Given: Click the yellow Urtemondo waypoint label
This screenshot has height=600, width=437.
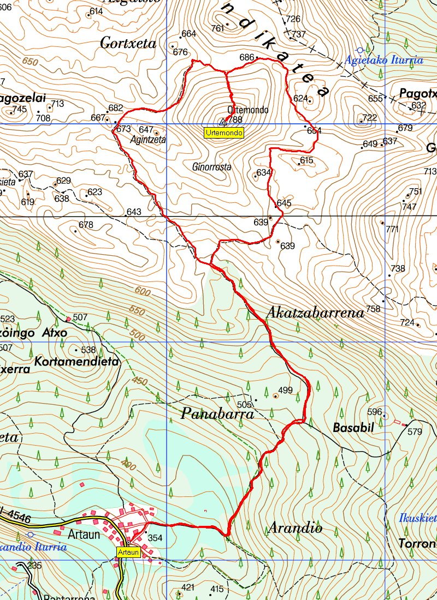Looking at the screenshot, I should [x=224, y=132].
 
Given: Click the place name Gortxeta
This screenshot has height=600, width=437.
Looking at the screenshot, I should [x=128, y=44].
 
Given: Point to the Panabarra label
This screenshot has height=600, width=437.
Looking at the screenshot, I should [x=217, y=414].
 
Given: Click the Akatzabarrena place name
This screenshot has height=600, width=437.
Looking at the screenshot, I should [x=315, y=313].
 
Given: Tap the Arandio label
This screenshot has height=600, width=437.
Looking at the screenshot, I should [x=295, y=527].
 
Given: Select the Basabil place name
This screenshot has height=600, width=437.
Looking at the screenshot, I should [x=353, y=428].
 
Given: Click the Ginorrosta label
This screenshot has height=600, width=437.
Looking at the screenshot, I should [x=212, y=167].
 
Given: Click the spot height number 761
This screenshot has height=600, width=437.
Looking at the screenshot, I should [x=217, y=28].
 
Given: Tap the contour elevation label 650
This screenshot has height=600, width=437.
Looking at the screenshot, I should [x=30, y=62].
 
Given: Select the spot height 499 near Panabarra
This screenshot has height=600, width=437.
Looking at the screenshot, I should [x=286, y=390].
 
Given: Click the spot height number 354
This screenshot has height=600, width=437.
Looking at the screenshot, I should [x=155, y=538].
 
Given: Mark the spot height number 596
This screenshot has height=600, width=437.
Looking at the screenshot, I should [x=375, y=412].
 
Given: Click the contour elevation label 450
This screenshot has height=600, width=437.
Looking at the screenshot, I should [x=140, y=381].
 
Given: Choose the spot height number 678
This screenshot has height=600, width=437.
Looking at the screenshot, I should [x=86, y=225].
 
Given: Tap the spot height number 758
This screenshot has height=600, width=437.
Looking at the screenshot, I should [x=373, y=309].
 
